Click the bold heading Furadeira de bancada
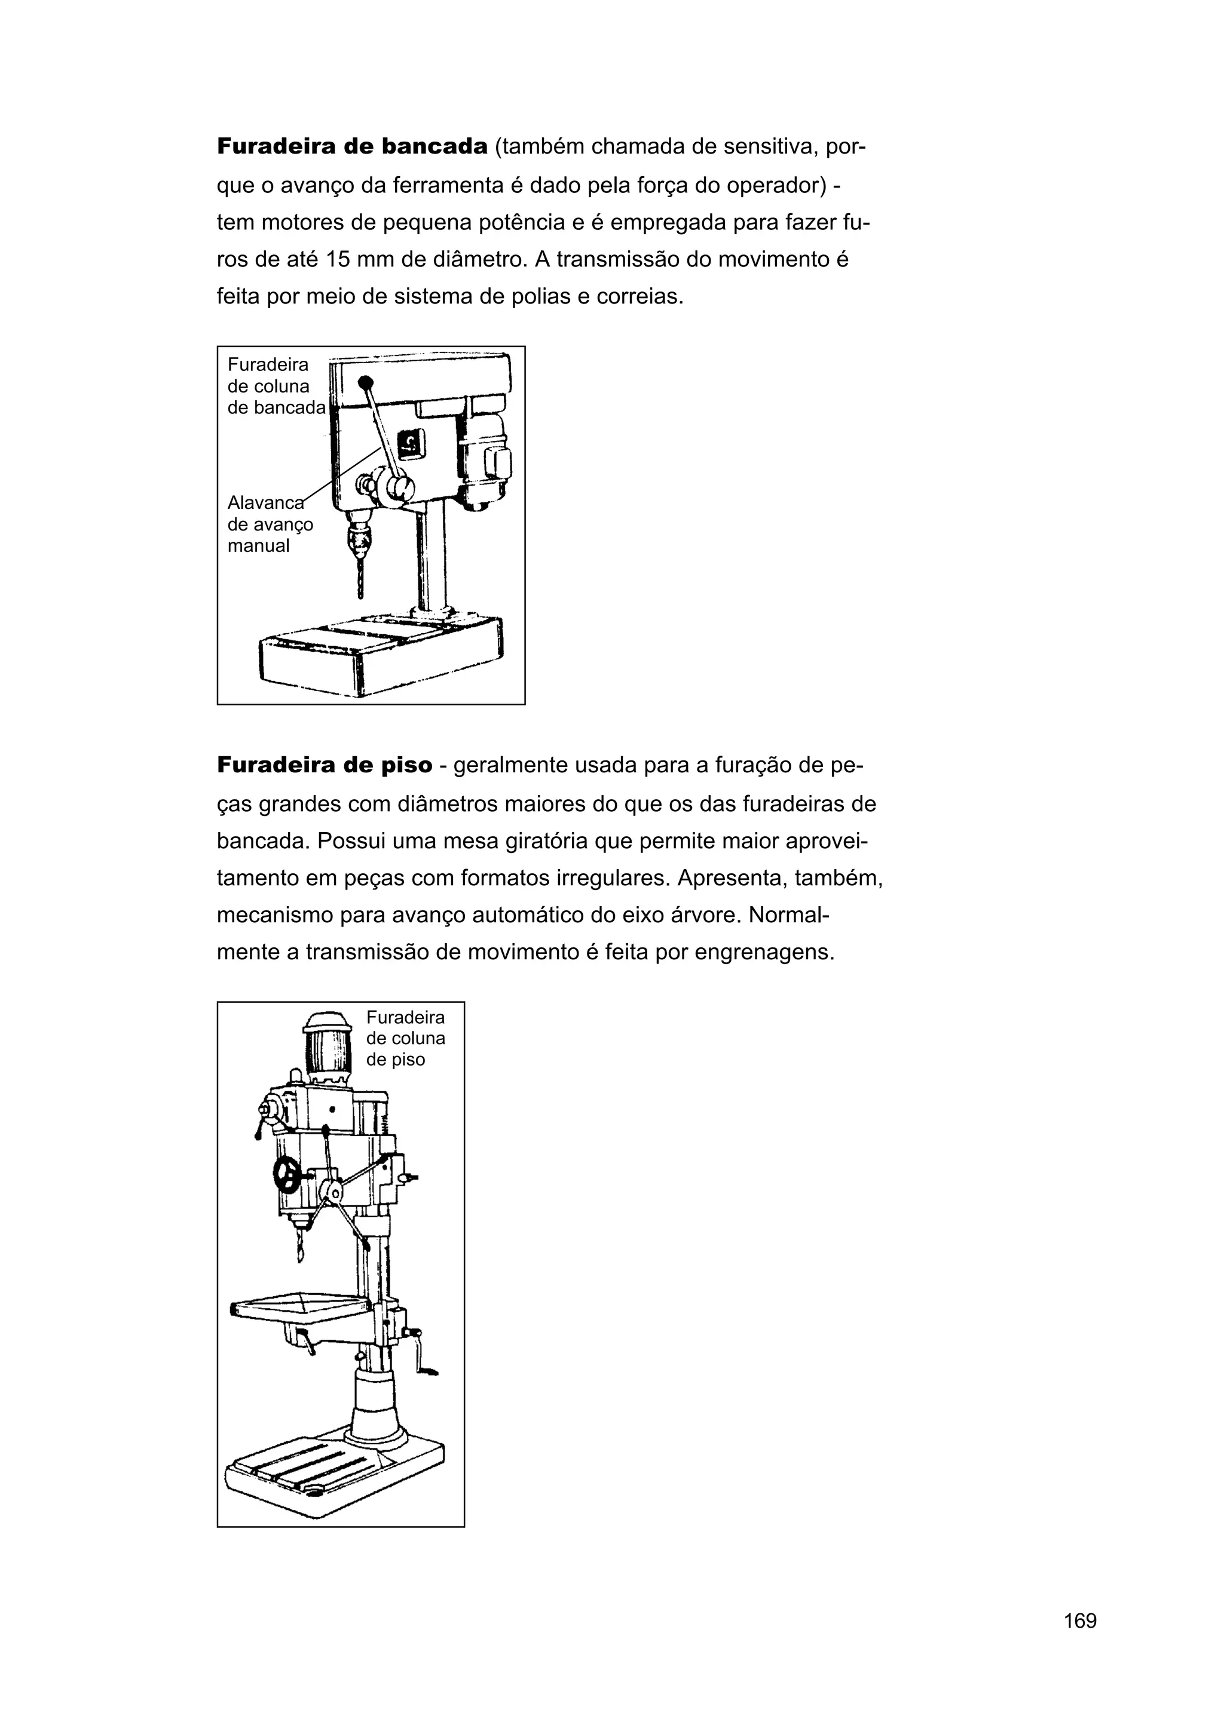[x=352, y=146]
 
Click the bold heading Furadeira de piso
[x=325, y=765]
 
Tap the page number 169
[x=1080, y=1641]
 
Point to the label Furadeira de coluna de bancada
[x=276, y=386]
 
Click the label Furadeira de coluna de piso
[x=405, y=1038]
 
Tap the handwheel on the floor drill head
[x=288, y=1174]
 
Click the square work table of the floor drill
[x=302, y=1306]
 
